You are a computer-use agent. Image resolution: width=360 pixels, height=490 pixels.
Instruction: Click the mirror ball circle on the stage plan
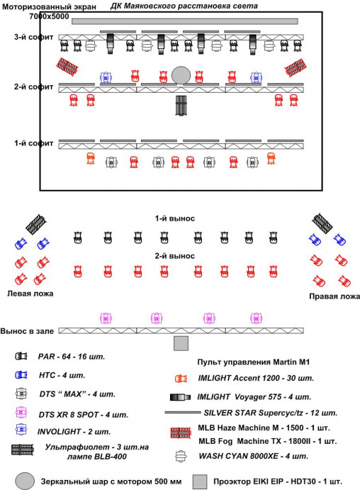[x=181, y=75]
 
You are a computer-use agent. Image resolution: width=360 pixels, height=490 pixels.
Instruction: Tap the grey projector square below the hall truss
[x=181, y=343]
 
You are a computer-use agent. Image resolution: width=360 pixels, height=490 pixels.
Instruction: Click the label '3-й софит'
[x=34, y=37]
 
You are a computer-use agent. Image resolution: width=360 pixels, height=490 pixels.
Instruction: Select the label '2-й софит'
[x=34, y=87]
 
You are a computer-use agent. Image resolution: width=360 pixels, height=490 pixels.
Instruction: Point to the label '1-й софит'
[x=34, y=143]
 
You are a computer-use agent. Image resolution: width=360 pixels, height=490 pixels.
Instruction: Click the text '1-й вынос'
[x=175, y=218]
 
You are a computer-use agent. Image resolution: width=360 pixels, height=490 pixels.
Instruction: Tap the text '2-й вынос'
[x=175, y=256]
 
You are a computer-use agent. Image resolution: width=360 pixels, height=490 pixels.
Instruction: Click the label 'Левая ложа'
[x=30, y=294]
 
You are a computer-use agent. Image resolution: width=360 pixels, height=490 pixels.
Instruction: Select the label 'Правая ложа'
[x=334, y=296]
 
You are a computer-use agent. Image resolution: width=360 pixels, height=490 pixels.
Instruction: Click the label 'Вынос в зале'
[x=27, y=331]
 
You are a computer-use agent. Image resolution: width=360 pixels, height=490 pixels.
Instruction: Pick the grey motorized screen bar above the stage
[x=184, y=21]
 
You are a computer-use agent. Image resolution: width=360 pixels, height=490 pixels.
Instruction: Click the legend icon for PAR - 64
[x=21, y=356]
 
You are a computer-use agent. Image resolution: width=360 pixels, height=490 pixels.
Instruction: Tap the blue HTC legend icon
[x=21, y=374]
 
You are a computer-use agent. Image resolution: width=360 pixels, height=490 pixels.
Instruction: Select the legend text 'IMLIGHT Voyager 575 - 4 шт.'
[x=254, y=397]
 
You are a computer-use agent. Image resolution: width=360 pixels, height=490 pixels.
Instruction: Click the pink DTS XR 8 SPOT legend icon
[x=21, y=413]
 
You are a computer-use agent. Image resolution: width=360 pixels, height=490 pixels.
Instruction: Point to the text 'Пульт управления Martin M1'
[x=253, y=362]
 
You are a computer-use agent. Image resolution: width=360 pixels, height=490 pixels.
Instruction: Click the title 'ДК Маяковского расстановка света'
[x=184, y=6]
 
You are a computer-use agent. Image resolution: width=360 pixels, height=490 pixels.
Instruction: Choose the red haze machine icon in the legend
[x=181, y=433]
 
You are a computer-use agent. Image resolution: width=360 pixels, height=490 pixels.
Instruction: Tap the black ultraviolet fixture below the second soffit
[x=181, y=106]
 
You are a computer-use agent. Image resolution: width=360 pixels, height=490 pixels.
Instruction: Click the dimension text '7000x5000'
[x=49, y=16]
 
